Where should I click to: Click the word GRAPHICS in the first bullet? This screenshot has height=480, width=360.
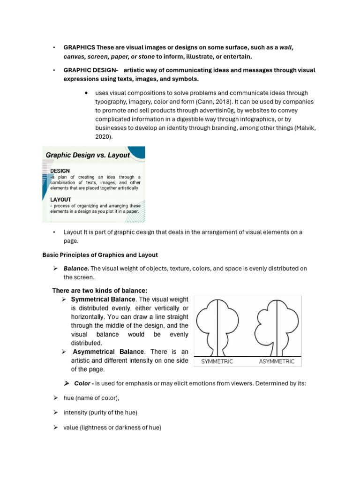(x=79, y=48)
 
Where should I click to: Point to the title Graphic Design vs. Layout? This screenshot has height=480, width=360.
(x=87, y=155)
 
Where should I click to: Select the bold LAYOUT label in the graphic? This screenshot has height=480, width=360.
(x=61, y=199)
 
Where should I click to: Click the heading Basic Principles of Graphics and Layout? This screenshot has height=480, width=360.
(x=100, y=255)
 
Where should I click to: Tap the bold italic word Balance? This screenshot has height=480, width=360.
(x=76, y=269)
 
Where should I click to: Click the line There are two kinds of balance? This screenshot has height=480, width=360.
(x=103, y=291)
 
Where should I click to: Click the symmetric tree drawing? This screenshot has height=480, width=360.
(x=217, y=326)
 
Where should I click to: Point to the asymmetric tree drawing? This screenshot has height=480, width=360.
(x=277, y=326)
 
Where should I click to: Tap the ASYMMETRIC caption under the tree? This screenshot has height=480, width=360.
(x=277, y=361)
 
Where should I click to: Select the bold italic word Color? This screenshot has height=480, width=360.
(x=83, y=383)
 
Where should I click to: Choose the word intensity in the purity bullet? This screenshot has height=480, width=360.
(x=75, y=412)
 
